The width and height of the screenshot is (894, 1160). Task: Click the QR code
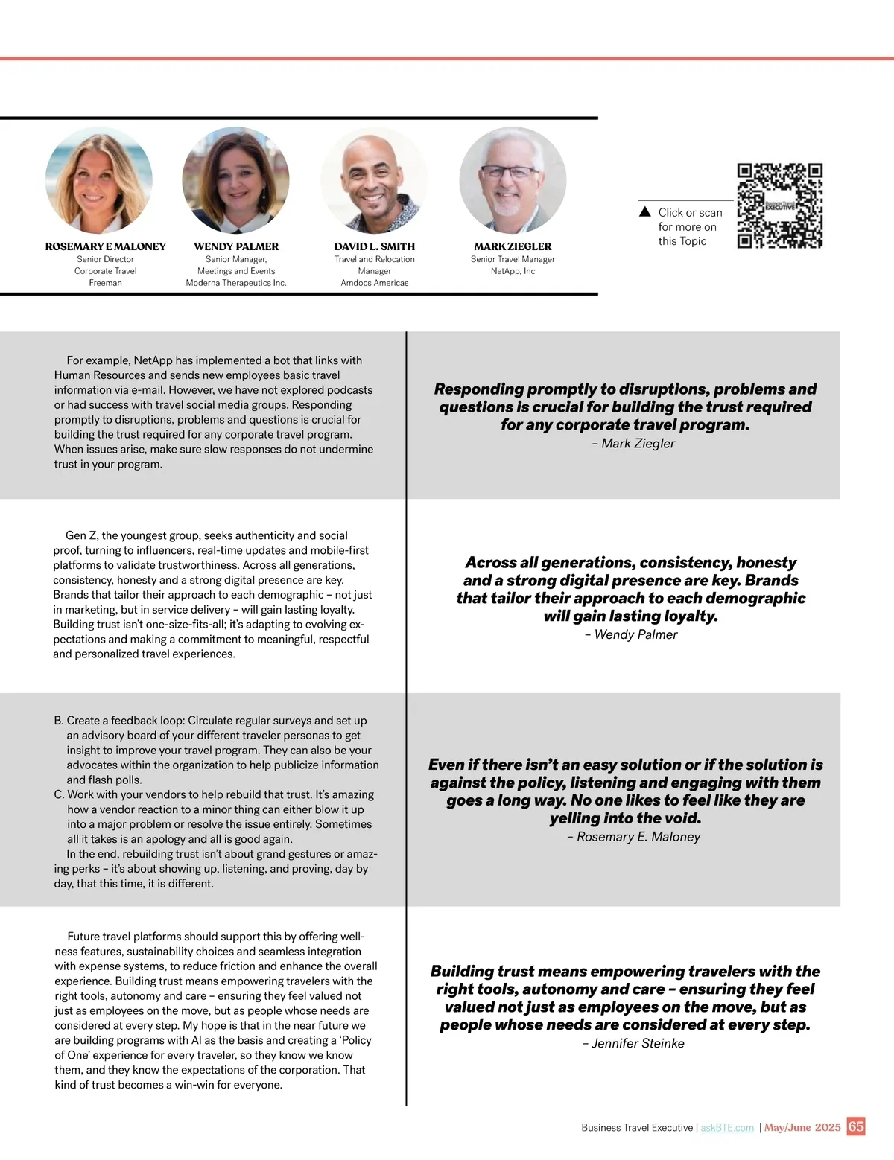click(x=779, y=205)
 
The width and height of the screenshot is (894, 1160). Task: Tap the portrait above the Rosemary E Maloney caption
click(x=99, y=180)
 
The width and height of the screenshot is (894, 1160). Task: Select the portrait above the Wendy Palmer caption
click(x=235, y=180)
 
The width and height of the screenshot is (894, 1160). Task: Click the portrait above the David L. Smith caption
click(x=374, y=180)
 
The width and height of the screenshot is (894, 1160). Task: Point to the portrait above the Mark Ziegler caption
click(x=513, y=180)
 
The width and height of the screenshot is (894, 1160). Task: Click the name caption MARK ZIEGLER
click(x=513, y=246)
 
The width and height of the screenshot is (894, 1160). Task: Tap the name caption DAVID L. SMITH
click(x=374, y=246)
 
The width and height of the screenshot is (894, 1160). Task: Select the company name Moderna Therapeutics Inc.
click(x=235, y=283)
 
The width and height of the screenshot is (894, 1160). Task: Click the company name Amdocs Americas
click(x=374, y=283)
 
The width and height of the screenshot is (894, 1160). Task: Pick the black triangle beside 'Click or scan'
click(x=645, y=212)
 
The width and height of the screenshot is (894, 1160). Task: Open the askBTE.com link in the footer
click(x=727, y=1128)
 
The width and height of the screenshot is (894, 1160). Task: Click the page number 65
click(x=856, y=1126)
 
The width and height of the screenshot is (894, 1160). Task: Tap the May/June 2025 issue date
click(x=802, y=1127)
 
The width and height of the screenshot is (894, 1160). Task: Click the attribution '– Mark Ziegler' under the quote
click(x=633, y=444)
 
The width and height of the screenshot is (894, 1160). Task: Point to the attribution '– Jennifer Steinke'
click(x=633, y=1044)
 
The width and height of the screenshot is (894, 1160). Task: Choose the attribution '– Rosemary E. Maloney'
click(x=633, y=837)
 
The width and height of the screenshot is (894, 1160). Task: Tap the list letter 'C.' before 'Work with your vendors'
click(x=60, y=795)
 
